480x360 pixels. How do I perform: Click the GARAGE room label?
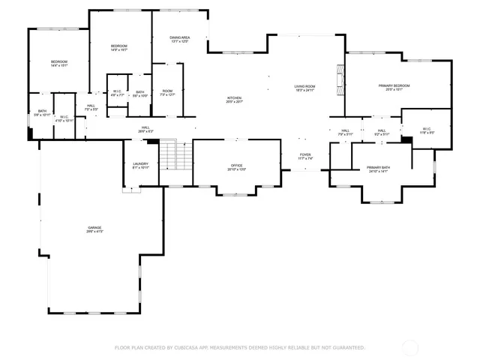pyautogui.click(x=94, y=229)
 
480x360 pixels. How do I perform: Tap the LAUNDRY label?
pyautogui.click(x=140, y=165)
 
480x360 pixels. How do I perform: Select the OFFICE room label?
pyautogui.click(x=236, y=166)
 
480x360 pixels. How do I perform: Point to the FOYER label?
pyautogui.click(x=305, y=156)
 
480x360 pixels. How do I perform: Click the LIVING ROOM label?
pyautogui.click(x=304, y=88)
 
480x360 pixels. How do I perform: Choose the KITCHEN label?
pyautogui.click(x=235, y=99)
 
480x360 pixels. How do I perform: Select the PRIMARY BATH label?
pyautogui.click(x=378, y=168)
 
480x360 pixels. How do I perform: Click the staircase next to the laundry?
pyautogui.click(x=176, y=156)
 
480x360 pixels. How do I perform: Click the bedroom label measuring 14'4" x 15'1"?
pyautogui.click(x=59, y=63)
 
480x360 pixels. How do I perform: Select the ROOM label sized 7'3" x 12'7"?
pyautogui.click(x=167, y=92)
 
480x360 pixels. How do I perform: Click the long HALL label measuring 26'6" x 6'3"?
pyautogui.click(x=145, y=129)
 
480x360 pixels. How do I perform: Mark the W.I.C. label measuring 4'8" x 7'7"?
pyautogui.click(x=117, y=94)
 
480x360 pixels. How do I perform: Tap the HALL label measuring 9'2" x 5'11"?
pyautogui.click(x=382, y=132)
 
